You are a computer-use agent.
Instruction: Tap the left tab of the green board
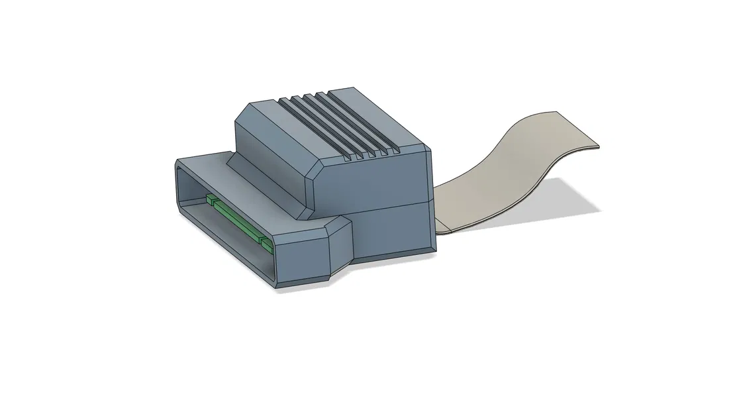[211, 199]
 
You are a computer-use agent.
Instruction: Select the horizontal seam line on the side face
[391, 207]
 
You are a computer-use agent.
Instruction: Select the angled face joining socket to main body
[340, 245]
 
